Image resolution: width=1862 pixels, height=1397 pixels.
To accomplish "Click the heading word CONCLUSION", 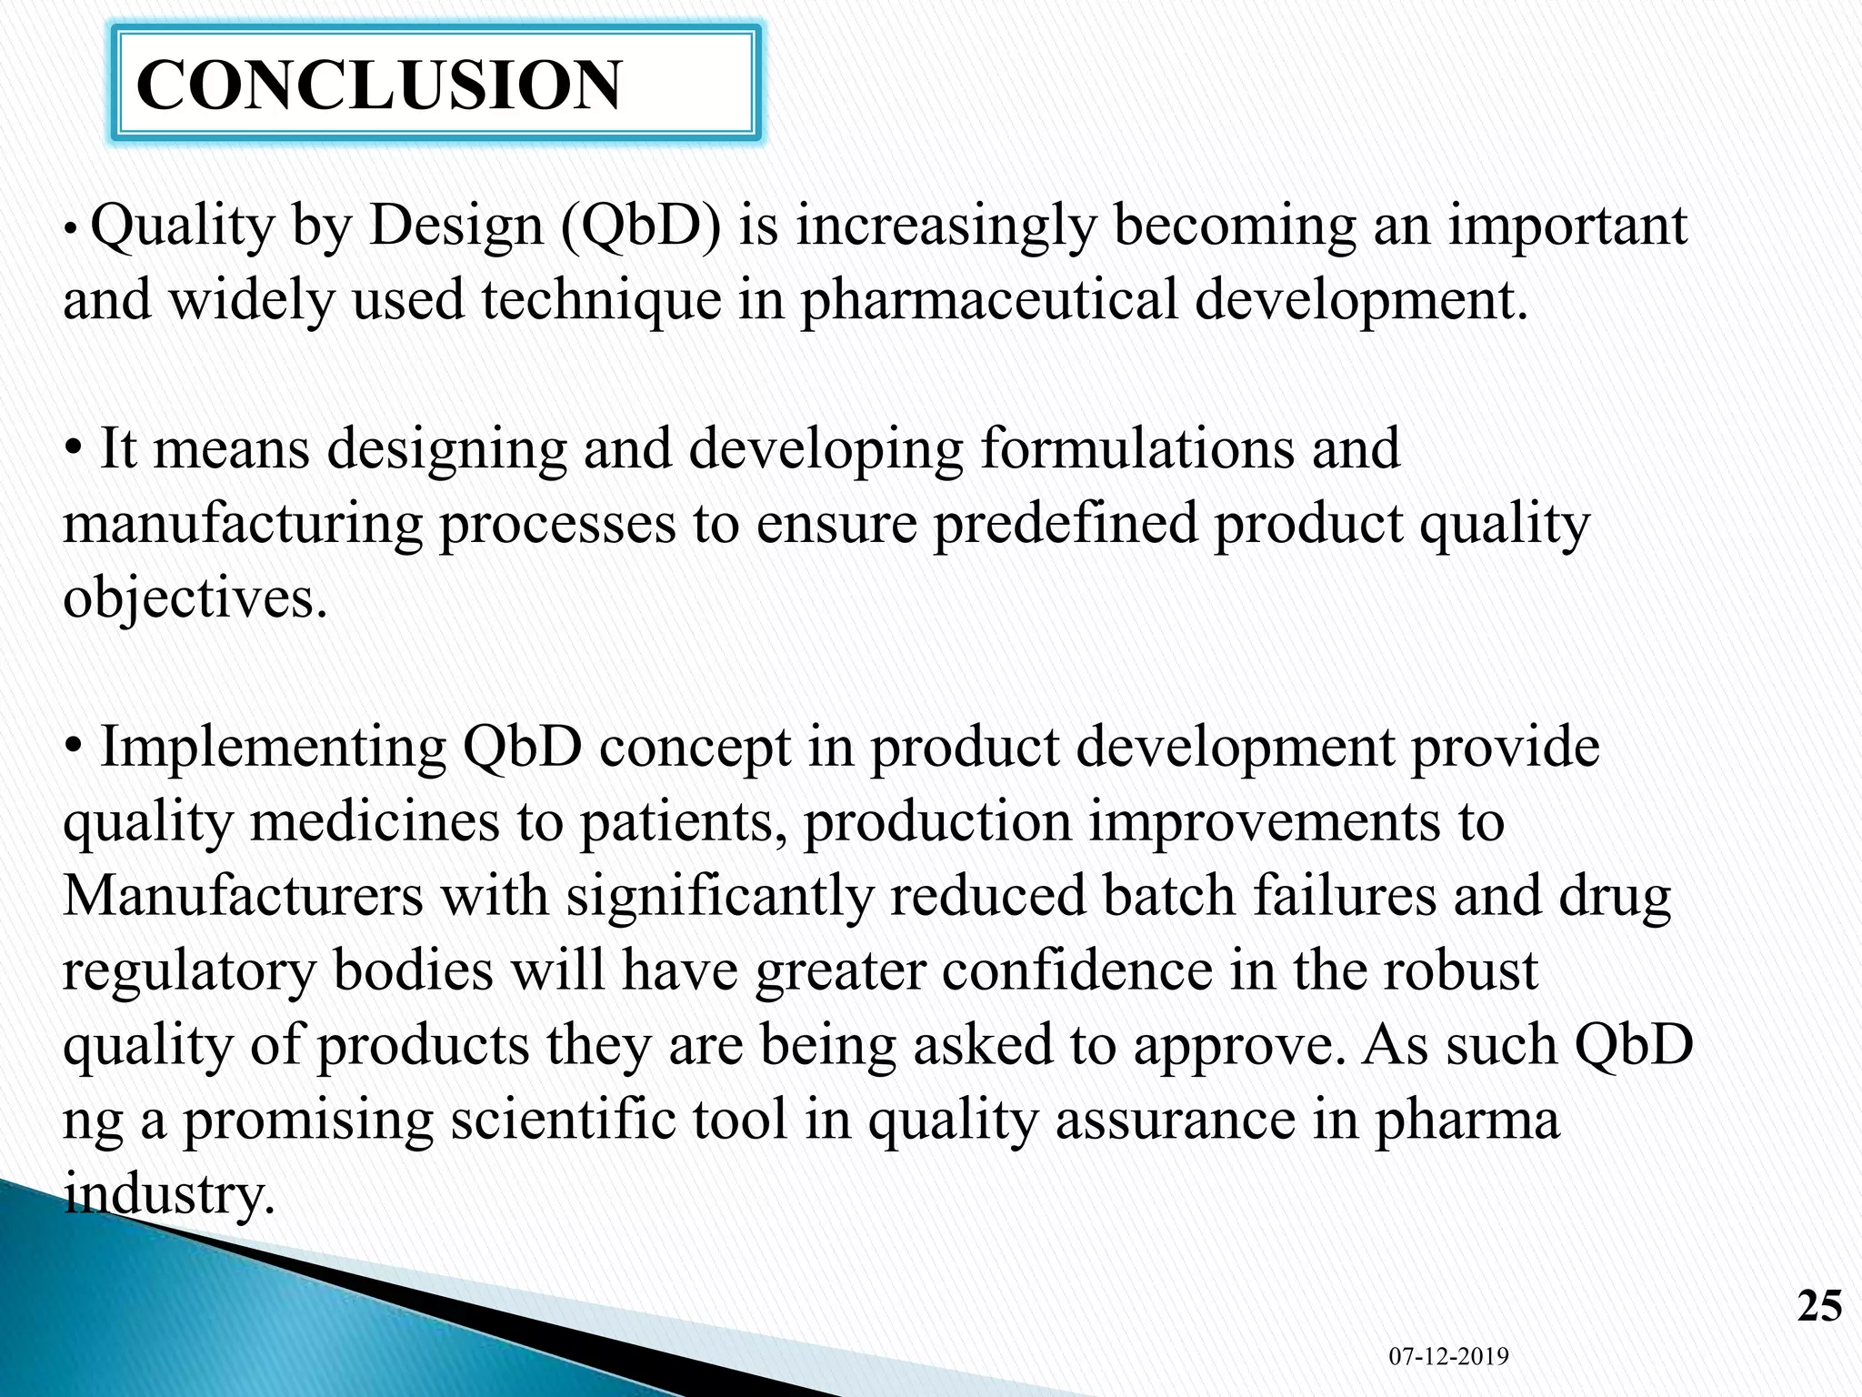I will (378, 85).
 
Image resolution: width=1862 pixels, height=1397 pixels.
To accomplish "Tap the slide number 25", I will (1819, 1306).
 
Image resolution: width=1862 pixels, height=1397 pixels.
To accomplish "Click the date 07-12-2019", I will (1448, 1356).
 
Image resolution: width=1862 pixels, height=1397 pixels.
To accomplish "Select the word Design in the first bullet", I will (455, 226).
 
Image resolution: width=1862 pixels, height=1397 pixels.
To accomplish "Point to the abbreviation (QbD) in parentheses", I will (640, 226).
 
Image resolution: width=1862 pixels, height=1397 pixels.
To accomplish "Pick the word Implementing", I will (273, 748).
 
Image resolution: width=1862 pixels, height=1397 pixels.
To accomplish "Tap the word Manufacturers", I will (243, 896).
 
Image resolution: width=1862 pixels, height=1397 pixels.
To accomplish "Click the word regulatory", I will (189, 970).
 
